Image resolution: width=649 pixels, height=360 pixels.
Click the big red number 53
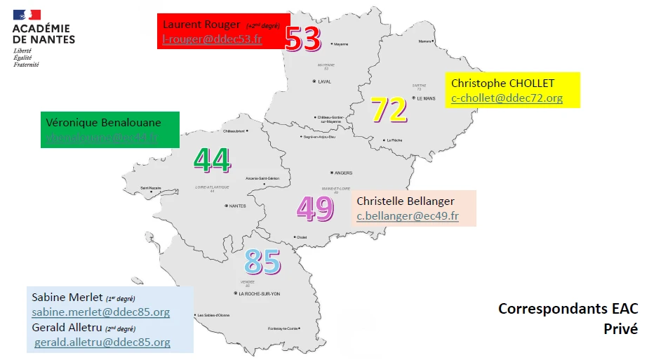(303, 39)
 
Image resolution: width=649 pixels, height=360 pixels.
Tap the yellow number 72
(389, 109)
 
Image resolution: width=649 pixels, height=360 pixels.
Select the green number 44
(212, 161)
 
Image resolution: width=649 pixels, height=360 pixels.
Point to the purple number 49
(315, 208)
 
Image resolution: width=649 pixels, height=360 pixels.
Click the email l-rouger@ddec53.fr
(213, 39)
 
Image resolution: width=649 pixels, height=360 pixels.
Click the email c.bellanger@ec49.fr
(408, 216)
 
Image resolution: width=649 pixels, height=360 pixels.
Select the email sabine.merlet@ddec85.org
(100, 312)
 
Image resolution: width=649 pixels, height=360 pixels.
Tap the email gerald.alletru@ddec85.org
(102, 342)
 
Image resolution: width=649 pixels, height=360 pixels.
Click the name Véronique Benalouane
(103, 121)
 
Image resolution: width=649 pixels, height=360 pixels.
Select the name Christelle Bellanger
(406, 201)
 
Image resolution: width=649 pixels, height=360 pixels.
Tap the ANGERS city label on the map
(343, 173)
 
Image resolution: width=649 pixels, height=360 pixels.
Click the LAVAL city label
(324, 81)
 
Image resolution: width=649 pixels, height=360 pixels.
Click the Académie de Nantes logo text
(44, 34)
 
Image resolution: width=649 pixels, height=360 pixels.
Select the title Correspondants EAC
(568, 309)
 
